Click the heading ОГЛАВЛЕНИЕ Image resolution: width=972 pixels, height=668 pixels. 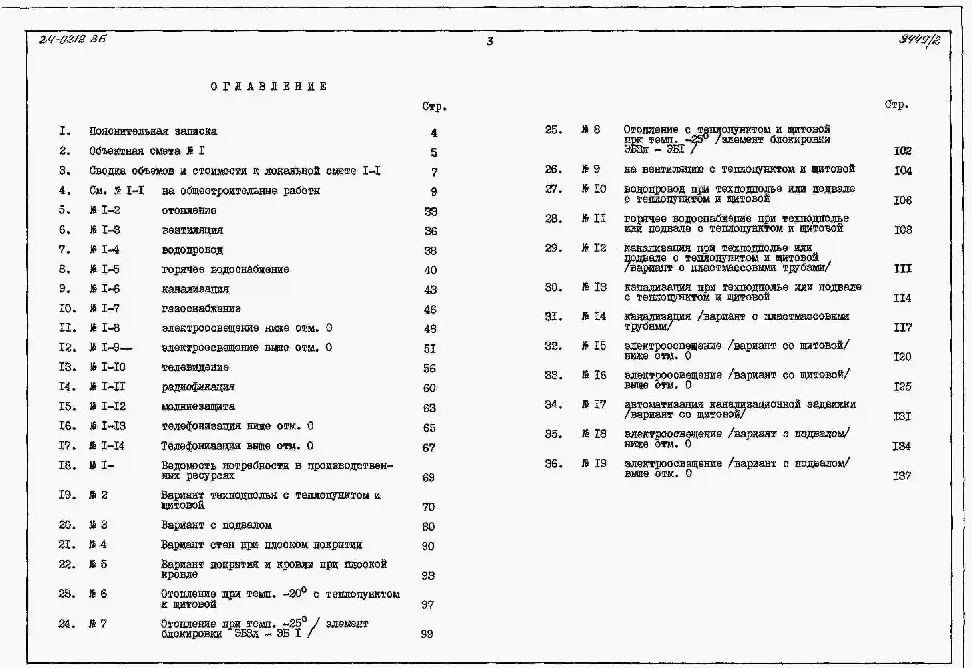click(269, 86)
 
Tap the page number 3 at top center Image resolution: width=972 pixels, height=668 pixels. click(489, 41)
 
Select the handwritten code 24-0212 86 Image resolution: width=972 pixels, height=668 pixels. click(72, 39)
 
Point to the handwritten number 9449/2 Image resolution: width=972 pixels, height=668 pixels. click(920, 40)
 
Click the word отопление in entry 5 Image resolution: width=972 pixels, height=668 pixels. click(189, 210)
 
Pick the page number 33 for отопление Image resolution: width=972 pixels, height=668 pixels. click(431, 211)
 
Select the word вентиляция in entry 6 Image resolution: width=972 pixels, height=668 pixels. click(192, 230)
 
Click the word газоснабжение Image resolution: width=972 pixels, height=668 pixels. click(201, 308)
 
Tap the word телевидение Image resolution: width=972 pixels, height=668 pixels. click(195, 367)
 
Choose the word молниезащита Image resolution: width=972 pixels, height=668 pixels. click(198, 406)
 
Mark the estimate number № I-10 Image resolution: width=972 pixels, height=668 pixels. click(107, 367)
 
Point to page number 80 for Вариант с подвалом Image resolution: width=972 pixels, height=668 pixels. click(428, 526)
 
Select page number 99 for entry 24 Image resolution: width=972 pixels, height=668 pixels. click(427, 634)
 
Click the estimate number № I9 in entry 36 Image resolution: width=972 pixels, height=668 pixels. click(594, 463)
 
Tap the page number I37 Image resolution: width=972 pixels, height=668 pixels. click(902, 475)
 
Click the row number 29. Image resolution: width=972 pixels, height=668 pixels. click(553, 248)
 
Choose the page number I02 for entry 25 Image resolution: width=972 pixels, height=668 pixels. click(902, 150)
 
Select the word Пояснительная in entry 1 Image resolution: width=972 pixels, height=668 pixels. click(129, 131)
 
